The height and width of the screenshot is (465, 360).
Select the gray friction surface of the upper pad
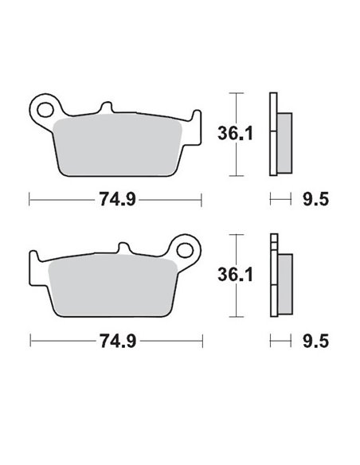coord(119,143)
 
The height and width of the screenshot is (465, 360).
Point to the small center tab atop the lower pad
coord(124,251)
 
